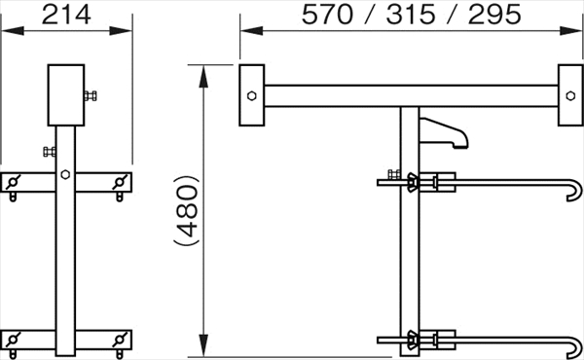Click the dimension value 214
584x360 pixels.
coord(66,15)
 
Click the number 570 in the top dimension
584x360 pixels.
coord(327,15)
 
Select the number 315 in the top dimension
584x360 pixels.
coord(411,15)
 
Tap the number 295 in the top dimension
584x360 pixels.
coord(494,15)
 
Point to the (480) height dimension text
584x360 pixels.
coord(186,210)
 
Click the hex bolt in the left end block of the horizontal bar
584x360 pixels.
coord(252,95)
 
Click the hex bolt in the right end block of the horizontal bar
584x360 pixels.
coord(570,95)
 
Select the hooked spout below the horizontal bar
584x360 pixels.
coord(443,133)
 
